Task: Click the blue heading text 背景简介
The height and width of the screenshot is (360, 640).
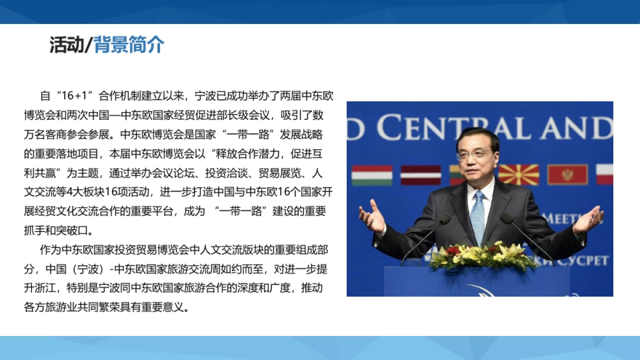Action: (129, 45)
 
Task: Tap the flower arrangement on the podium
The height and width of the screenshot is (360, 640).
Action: (483, 255)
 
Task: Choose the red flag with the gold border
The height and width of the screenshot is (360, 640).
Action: (567, 174)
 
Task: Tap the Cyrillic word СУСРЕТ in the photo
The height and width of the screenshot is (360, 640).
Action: (586, 261)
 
